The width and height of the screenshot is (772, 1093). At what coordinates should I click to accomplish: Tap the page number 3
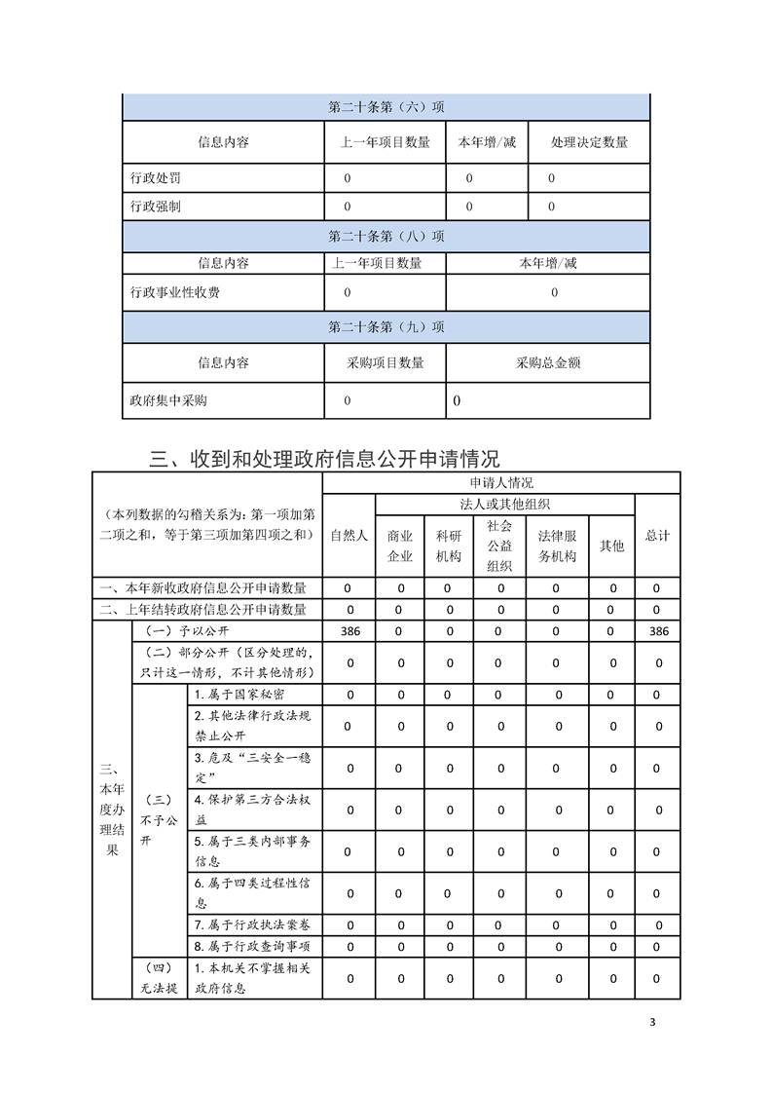coord(653,1022)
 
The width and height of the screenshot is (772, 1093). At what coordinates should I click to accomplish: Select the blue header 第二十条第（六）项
coord(386,107)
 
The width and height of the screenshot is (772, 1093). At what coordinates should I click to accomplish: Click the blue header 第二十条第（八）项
coord(386,236)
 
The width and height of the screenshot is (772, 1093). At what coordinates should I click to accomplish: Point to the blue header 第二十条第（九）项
coord(386,326)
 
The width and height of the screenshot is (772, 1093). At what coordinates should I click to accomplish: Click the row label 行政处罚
coord(155,178)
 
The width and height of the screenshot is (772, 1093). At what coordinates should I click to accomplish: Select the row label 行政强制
coord(155,207)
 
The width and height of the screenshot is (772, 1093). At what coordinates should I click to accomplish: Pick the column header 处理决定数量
coord(589,142)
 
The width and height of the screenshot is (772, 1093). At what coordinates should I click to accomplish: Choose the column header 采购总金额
coord(548,362)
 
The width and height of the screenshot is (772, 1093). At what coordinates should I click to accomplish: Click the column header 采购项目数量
coord(386,362)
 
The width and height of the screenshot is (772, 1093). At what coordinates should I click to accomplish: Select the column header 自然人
coord(349,536)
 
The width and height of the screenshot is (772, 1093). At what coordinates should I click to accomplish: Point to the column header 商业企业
coord(400,546)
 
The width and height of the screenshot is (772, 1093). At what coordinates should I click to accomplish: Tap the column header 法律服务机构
coord(557,546)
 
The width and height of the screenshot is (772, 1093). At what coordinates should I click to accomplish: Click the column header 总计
coord(657,536)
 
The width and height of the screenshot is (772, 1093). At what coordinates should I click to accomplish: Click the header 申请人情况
coord(501,482)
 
